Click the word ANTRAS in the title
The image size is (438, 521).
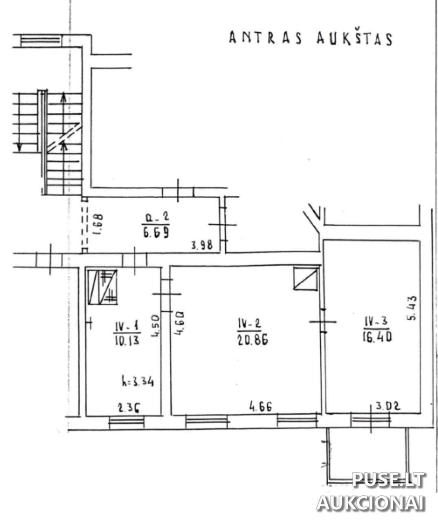266,38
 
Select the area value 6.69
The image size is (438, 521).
156,233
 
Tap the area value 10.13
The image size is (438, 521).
127,340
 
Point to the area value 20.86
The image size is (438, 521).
252,339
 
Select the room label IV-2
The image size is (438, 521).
249,324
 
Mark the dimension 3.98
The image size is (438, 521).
202,245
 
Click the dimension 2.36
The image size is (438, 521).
128,409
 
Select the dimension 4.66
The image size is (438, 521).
260,406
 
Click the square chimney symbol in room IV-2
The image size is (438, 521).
306,278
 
